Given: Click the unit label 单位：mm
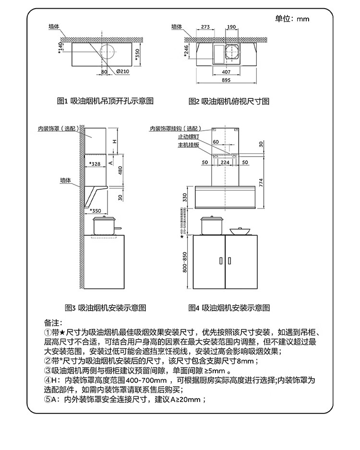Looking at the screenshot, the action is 292,19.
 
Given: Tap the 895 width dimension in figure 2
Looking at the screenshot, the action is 226,80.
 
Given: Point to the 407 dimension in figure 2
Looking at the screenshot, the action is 226,72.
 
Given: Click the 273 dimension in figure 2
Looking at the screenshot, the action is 205,27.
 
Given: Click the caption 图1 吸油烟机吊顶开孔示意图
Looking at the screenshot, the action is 105,101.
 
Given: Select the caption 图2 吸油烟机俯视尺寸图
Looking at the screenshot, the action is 229,101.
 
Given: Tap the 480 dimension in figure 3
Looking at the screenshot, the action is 120,170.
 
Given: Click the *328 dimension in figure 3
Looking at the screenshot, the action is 95,164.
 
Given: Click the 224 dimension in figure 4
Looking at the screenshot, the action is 224,162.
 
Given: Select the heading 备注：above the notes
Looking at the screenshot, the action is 50,323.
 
